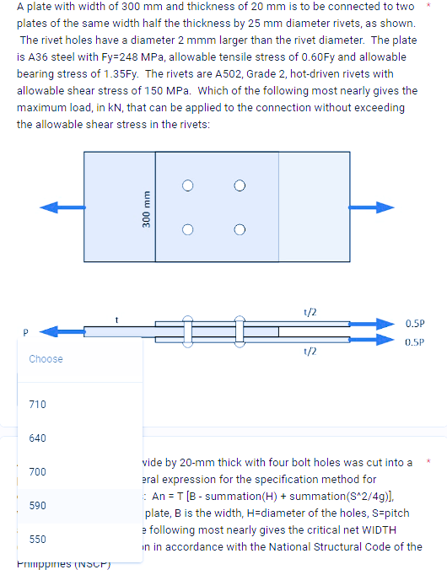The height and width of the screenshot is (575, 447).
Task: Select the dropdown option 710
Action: (38, 405)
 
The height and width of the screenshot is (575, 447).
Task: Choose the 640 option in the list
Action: (38, 438)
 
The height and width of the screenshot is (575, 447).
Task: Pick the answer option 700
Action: (38, 471)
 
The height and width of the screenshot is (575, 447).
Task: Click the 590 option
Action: (38, 505)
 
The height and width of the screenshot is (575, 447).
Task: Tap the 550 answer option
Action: (38, 539)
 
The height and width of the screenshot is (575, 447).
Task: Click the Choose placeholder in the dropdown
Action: (46, 359)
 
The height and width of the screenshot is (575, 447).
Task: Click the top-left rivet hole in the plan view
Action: (191, 185)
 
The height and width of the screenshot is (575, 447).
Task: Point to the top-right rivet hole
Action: (240, 185)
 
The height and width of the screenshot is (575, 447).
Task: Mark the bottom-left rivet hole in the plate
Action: (191, 228)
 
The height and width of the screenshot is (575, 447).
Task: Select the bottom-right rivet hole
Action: (240, 228)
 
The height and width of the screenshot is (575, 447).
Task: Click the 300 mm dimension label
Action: (147, 208)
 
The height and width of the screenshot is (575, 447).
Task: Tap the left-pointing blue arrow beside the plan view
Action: (62, 207)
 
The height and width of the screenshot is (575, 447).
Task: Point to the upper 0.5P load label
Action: (415, 323)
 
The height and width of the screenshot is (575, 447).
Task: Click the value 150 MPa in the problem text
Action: (169, 90)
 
